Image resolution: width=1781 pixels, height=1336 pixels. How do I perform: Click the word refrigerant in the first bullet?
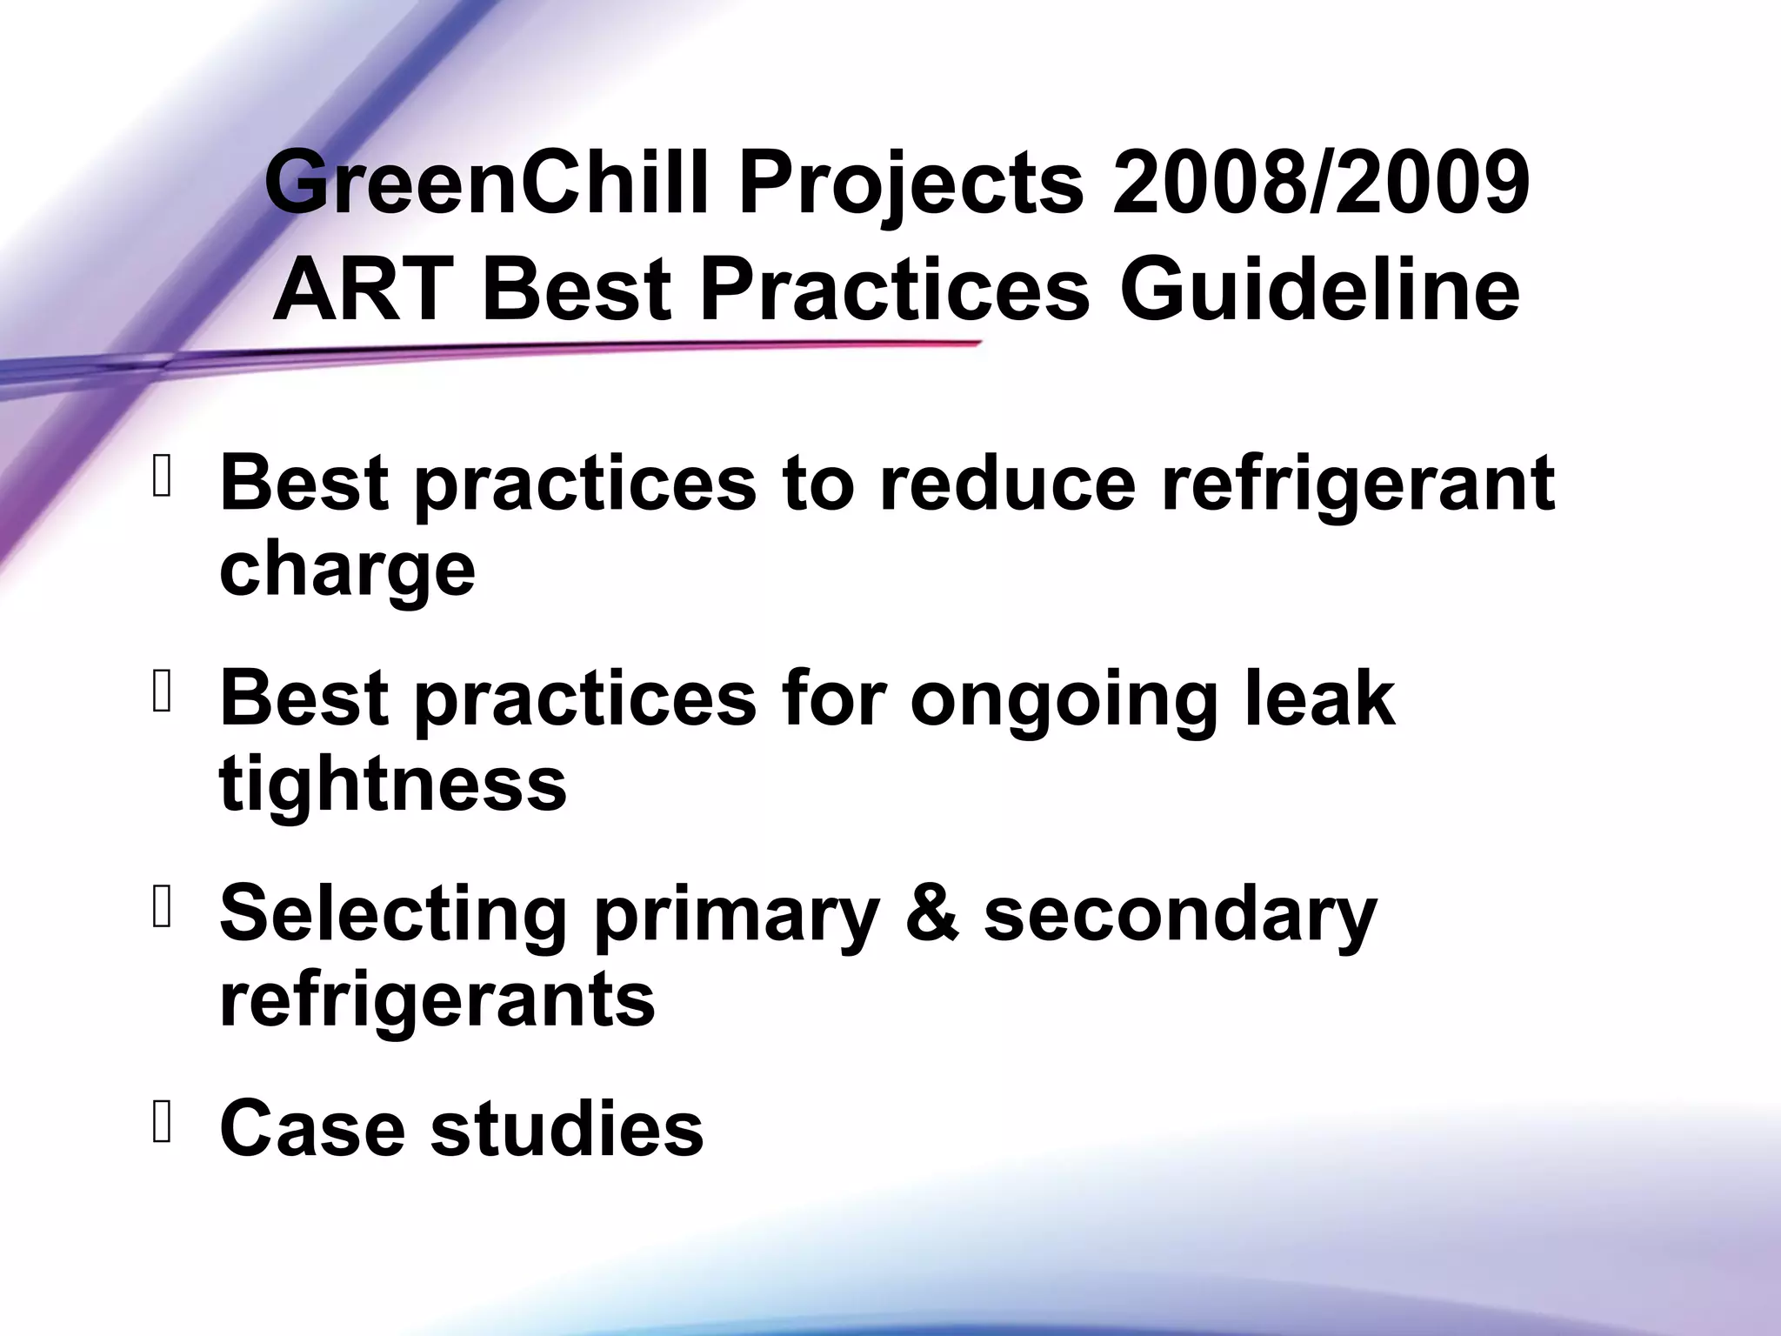pos(1357,484)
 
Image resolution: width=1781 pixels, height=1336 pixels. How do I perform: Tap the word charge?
pos(347,572)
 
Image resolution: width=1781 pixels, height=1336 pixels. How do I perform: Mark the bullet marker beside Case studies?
pos(162,1124)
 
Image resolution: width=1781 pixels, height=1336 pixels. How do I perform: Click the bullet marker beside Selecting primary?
pos(162,910)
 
